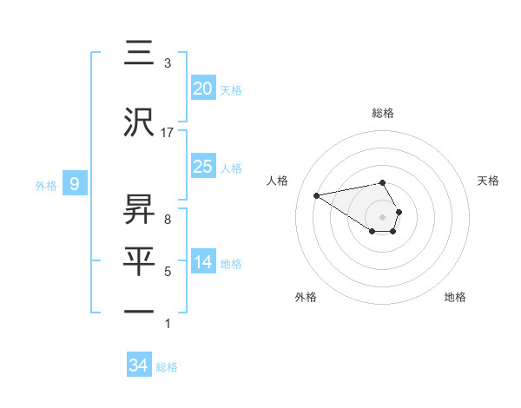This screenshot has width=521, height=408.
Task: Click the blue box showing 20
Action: [203, 89]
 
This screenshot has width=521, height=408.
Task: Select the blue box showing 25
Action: [203, 167]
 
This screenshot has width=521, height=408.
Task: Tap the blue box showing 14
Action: [203, 263]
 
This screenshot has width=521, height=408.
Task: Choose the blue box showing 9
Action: [75, 184]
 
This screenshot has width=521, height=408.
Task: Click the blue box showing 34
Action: [139, 365]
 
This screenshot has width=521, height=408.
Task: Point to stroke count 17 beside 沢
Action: [168, 133]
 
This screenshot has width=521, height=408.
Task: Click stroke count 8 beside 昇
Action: [168, 219]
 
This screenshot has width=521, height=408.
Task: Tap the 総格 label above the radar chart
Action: [382, 113]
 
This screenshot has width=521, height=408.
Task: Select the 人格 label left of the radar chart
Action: [278, 181]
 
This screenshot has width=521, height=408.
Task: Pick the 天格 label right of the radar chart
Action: [488, 181]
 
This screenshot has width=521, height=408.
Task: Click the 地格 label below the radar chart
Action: [455, 297]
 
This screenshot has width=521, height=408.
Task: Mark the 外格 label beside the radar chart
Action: [306, 297]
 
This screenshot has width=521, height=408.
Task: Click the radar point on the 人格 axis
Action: [317, 194]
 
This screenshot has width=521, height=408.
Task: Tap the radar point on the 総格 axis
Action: [382, 182]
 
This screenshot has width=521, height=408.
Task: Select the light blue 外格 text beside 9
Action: [45, 185]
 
